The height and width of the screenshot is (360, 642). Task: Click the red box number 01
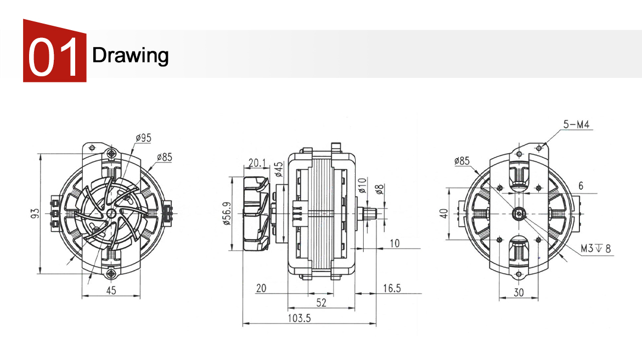coord(53,57)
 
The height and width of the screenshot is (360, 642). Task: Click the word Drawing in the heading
coord(130,55)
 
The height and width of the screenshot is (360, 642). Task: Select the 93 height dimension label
coord(35,213)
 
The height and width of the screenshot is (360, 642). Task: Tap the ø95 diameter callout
coord(144,138)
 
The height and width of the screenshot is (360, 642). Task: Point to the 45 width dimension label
coord(111,290)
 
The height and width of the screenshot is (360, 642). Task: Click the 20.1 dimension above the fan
coord(257,163)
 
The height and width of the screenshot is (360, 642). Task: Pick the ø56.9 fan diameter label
coord(227,213)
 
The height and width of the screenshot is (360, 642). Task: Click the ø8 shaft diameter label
coord(380,189)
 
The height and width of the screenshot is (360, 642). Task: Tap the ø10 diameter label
coord(362,185)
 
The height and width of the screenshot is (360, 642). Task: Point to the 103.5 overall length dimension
coord(299,318)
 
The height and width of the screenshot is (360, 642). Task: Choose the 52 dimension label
coord(322,303)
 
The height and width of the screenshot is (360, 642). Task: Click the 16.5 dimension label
coord(392,288)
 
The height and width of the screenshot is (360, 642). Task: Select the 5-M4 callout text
coord(577,124)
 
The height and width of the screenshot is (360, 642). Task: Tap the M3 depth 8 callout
coord(596,248)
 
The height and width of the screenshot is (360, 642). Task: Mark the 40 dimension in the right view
coord(444,213)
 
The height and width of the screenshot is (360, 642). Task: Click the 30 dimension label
coord(519,292)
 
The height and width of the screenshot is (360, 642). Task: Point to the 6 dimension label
coord(581,186)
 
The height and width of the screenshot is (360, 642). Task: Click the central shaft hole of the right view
coord(519,213)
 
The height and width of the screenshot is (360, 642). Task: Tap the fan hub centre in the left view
coord(111,213)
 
